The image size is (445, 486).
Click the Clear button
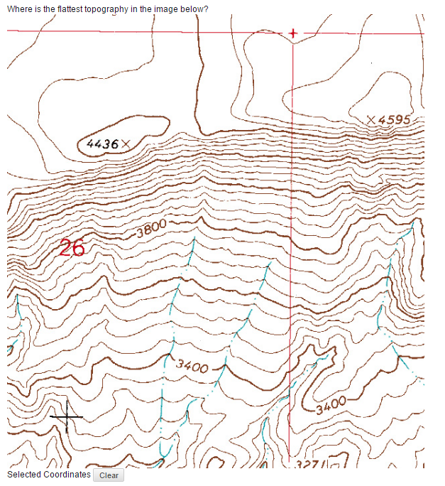tap(109, 475)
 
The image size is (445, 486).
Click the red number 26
tap(72, 248)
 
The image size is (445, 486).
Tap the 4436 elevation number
tap(101, 144)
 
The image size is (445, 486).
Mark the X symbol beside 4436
tap(126, 144)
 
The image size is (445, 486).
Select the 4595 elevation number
tap(395, 119)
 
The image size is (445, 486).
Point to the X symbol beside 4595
tap(372, 119)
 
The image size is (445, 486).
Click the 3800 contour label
tap(150, 228)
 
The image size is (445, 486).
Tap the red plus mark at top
tap(292, 33)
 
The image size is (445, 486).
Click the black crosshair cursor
tap(67, 416)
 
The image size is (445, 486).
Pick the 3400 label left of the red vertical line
tap(192, 367)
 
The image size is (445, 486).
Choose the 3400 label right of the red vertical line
tap(331, 406)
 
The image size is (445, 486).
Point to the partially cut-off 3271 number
tap(310, 464)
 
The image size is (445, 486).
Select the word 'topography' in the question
tap(106, 9)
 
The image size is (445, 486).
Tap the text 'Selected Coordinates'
tap(48, 475)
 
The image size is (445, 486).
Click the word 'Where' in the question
tap(18, 8)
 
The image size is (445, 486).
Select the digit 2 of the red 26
tap(65, 248)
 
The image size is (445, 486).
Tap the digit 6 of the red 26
tap(78, 248)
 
